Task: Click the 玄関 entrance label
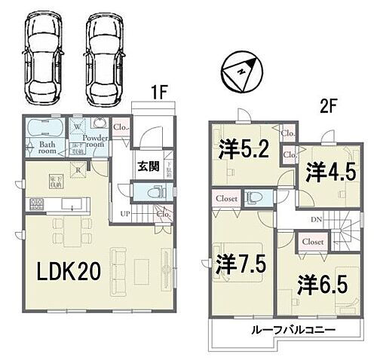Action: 147,166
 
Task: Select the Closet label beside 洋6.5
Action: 312,243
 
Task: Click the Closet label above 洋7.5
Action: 227,199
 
